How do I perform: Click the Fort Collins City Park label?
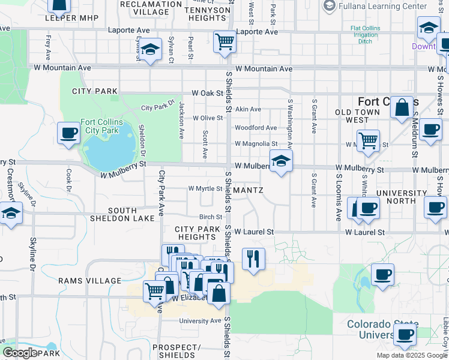click(x=102, y=126)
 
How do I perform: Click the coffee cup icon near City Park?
click(x=69, y=133)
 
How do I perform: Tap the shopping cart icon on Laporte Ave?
click(x=224, y=42)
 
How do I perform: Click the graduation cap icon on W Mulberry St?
click(x=280, y=161)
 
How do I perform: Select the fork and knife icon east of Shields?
click(x=253, y=259)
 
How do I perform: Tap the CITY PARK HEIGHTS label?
click(x=199, y=233)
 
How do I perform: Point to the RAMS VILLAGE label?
click(x=82, y=281)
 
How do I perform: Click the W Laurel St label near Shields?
click(x=254, y=232)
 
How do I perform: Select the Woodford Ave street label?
click(x=255, y=128)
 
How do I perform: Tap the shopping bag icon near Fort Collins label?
click(x=402, y=107)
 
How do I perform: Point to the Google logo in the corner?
click(x=20, y=353)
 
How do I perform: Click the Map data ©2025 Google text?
click(x=412, y=355)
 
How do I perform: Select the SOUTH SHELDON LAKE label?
click(x=131, y=214)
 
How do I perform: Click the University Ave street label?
click(x=201, y=320)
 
